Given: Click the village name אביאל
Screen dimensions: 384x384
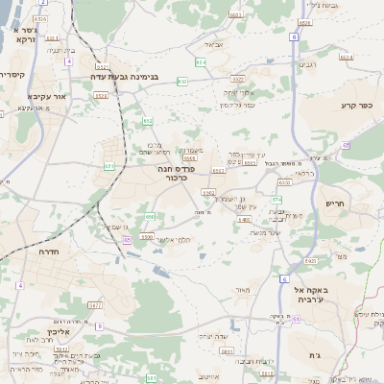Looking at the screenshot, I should (213, 43).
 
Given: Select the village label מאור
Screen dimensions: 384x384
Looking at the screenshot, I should (241, 290).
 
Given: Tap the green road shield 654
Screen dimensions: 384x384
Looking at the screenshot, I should (201, 62).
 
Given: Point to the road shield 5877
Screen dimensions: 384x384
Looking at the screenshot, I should (95, 305).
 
